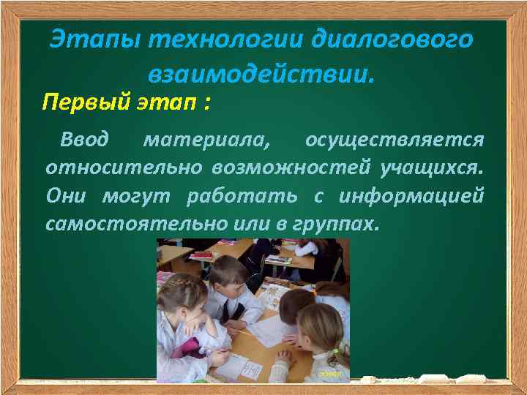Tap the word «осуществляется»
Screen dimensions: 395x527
coord(395,139)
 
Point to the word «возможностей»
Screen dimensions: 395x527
coord(292,168)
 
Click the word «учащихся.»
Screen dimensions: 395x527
coord(431,168)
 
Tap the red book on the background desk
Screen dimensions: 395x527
coord(201,255)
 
